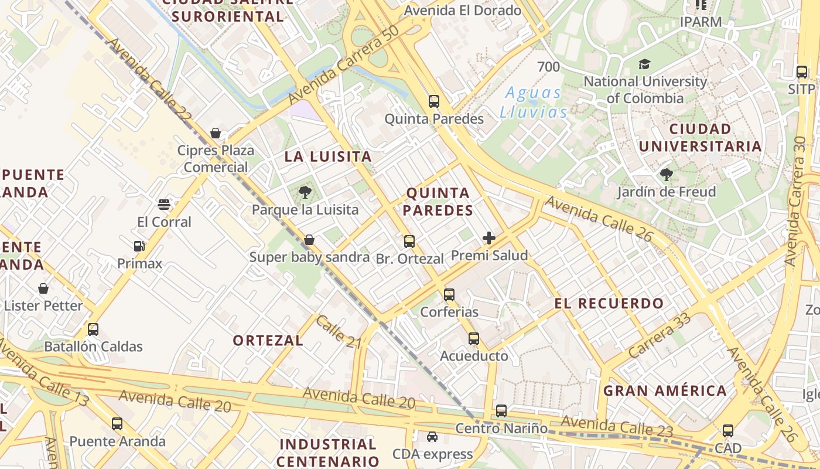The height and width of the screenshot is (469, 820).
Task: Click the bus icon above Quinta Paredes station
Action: coord(433,101)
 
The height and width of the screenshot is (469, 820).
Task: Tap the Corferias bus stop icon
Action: coord(449,294)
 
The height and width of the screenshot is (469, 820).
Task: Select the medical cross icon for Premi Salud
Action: coord(489,238)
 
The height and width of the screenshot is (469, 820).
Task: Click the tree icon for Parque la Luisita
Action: coord(305,192)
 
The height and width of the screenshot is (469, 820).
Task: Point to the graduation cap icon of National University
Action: coord(644,64)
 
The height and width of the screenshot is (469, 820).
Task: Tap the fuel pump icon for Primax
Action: coord(139,246)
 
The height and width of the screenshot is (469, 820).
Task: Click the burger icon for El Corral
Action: coord(164,205)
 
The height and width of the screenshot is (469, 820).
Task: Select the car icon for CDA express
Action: coord(432,437)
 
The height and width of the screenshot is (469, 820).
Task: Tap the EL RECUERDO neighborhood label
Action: coord(609,304)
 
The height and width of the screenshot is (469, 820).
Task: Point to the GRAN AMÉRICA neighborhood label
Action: coord(665,390)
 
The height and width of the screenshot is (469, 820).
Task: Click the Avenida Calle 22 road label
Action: coord(150,80)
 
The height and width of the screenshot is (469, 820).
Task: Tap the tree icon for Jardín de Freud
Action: coord(666,174)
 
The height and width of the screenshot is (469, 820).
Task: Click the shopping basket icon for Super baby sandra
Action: coord(309,240)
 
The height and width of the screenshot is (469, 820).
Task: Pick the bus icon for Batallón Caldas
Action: coord(93,329)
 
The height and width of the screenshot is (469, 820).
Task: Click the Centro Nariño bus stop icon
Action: coord(501,411)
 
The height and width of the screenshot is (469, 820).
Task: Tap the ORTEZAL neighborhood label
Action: coord(268,341)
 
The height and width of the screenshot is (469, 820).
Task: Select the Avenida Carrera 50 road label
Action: coord(344,65)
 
